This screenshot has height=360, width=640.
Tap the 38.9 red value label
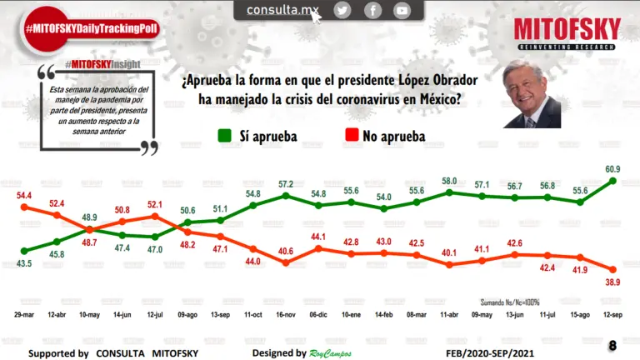(613, 283)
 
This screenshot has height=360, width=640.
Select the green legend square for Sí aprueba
(224, 135)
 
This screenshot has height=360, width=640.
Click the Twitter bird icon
(342, 10)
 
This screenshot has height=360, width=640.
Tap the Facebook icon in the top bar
(372, 10)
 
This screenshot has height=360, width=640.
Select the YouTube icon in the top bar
(402, 10)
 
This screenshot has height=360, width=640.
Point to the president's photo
(532, 93)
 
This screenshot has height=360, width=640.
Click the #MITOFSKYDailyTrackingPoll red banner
(92, 28)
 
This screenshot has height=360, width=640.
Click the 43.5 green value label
(25, 263)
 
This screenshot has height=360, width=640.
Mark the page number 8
(612, 346)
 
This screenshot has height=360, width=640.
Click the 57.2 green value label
(286, 184)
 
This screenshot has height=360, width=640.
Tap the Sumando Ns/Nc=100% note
(509, 302)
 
